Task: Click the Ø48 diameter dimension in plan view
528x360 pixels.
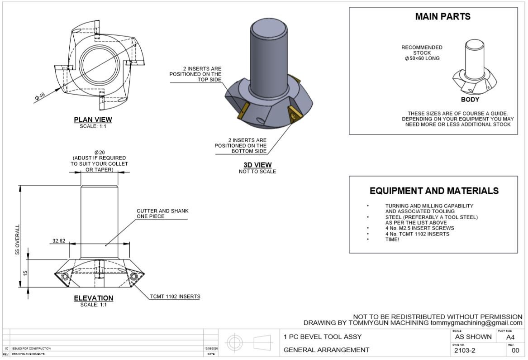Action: tap(40, 96)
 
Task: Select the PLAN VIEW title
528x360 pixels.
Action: tap(93, 120)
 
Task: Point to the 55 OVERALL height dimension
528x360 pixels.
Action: tap(18, 240)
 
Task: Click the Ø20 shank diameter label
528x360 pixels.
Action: tap(99, 152)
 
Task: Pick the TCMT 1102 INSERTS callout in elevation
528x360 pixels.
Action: tap(175, 297)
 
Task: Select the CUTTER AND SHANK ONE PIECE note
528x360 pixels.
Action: tap(162, 214)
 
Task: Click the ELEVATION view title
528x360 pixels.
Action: tap(93, 298)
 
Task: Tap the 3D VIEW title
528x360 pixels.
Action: tap(257, 165)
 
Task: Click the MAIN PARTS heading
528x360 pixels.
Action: tap(442, 17)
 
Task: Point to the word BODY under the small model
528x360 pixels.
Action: tap(470, 100)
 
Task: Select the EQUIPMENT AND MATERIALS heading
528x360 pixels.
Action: tap(434, 191)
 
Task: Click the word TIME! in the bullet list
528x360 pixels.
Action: tap(392, 240)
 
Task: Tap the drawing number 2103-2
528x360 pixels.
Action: tap(465, 350)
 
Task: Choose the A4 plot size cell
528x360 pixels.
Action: tap(510, 337)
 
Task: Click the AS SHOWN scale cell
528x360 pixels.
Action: tap(473, 337)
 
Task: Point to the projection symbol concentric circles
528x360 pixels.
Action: tap(234, 342)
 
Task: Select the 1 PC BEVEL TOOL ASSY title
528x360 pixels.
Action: tap(323, 337)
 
